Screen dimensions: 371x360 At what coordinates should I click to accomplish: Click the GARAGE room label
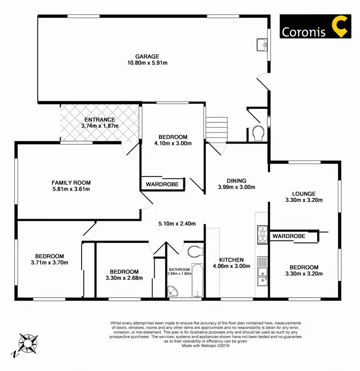point(147,56)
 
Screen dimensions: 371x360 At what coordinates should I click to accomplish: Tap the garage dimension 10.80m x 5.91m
point(147,63)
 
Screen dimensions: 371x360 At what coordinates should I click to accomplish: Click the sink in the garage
point(262,45)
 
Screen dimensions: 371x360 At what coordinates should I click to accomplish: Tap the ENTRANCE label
point(100,120)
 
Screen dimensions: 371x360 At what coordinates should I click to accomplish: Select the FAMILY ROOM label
point(71,182)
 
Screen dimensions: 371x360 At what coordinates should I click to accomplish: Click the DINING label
point(236,180)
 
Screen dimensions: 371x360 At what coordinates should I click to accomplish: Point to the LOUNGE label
point(303,193)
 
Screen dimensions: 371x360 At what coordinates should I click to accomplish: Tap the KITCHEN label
point(232,259)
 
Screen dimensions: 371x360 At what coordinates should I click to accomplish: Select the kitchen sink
point(262,275)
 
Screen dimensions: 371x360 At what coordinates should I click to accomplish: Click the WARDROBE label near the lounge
point(289,236)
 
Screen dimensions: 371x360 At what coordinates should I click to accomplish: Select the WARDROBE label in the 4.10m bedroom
point(162,184)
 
